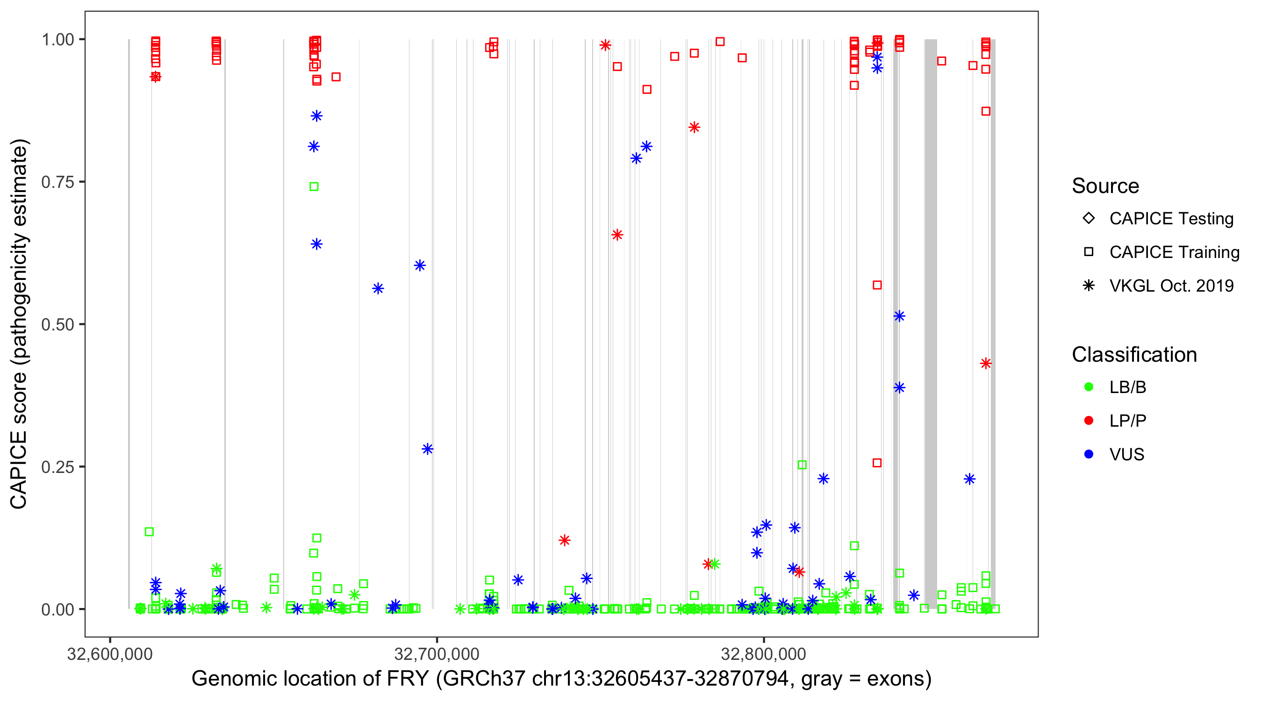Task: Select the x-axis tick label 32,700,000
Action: click(x=437, y=653)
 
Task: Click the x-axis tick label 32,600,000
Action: click(x=110, y=653)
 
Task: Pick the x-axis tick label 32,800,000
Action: click(x=763, y=653)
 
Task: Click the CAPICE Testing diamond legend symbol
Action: click(x=1089, y=218)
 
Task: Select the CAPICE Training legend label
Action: click(x=1174, y=252)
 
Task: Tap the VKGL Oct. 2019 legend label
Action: click(x=1171, y=286)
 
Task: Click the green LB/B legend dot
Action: click(x=1089, y=387)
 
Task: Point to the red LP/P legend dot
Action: click(x=1089, y=420)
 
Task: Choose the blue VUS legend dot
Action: click(x=1089, y=454)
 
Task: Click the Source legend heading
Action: click(x=1105, y=186)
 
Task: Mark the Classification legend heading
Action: click(x=1134, y=354)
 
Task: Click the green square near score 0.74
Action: click(x=314, y=186)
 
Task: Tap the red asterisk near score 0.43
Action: click(x=986, y=364)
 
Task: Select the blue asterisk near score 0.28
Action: click(x=427, y=449)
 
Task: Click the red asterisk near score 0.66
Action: click(x=617, y=235)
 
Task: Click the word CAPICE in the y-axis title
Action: click(x=19, y=470)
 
